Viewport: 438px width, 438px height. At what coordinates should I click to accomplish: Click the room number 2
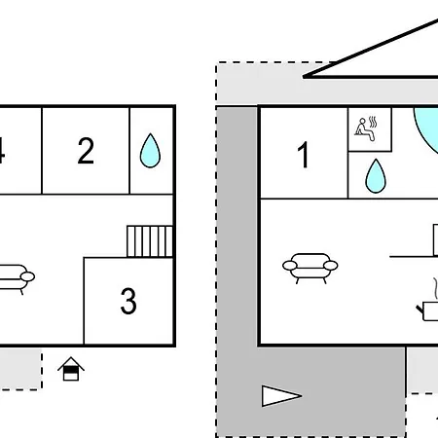[86, 151]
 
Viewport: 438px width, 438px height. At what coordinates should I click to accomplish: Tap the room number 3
[128, 301]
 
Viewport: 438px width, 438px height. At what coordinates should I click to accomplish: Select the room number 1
[304, 155]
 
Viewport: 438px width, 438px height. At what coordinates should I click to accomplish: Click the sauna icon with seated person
[366, 129]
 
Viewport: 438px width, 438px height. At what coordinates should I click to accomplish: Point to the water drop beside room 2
[150, 151]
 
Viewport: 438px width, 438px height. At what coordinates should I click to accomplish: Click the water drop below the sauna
[376, 176]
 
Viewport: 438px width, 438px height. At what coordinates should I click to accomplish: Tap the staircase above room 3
[150, 241]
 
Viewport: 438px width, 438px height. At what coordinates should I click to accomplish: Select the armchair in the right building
[310, 269]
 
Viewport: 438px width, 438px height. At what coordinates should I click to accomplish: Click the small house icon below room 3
[71, 369]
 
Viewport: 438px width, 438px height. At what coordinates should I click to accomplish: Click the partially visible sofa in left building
[17, 279]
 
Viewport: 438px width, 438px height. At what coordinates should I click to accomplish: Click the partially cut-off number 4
[2, 150]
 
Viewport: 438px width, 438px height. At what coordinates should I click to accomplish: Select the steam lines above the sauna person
[373, 123]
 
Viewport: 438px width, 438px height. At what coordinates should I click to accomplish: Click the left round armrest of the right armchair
[290, 266]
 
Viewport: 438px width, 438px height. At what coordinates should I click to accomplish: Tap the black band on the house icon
[71, 369]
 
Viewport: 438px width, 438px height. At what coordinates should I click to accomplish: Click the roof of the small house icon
[71, 362]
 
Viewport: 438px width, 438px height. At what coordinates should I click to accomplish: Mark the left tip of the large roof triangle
[303, 77]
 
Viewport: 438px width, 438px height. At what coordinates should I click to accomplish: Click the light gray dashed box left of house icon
[20, 369]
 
